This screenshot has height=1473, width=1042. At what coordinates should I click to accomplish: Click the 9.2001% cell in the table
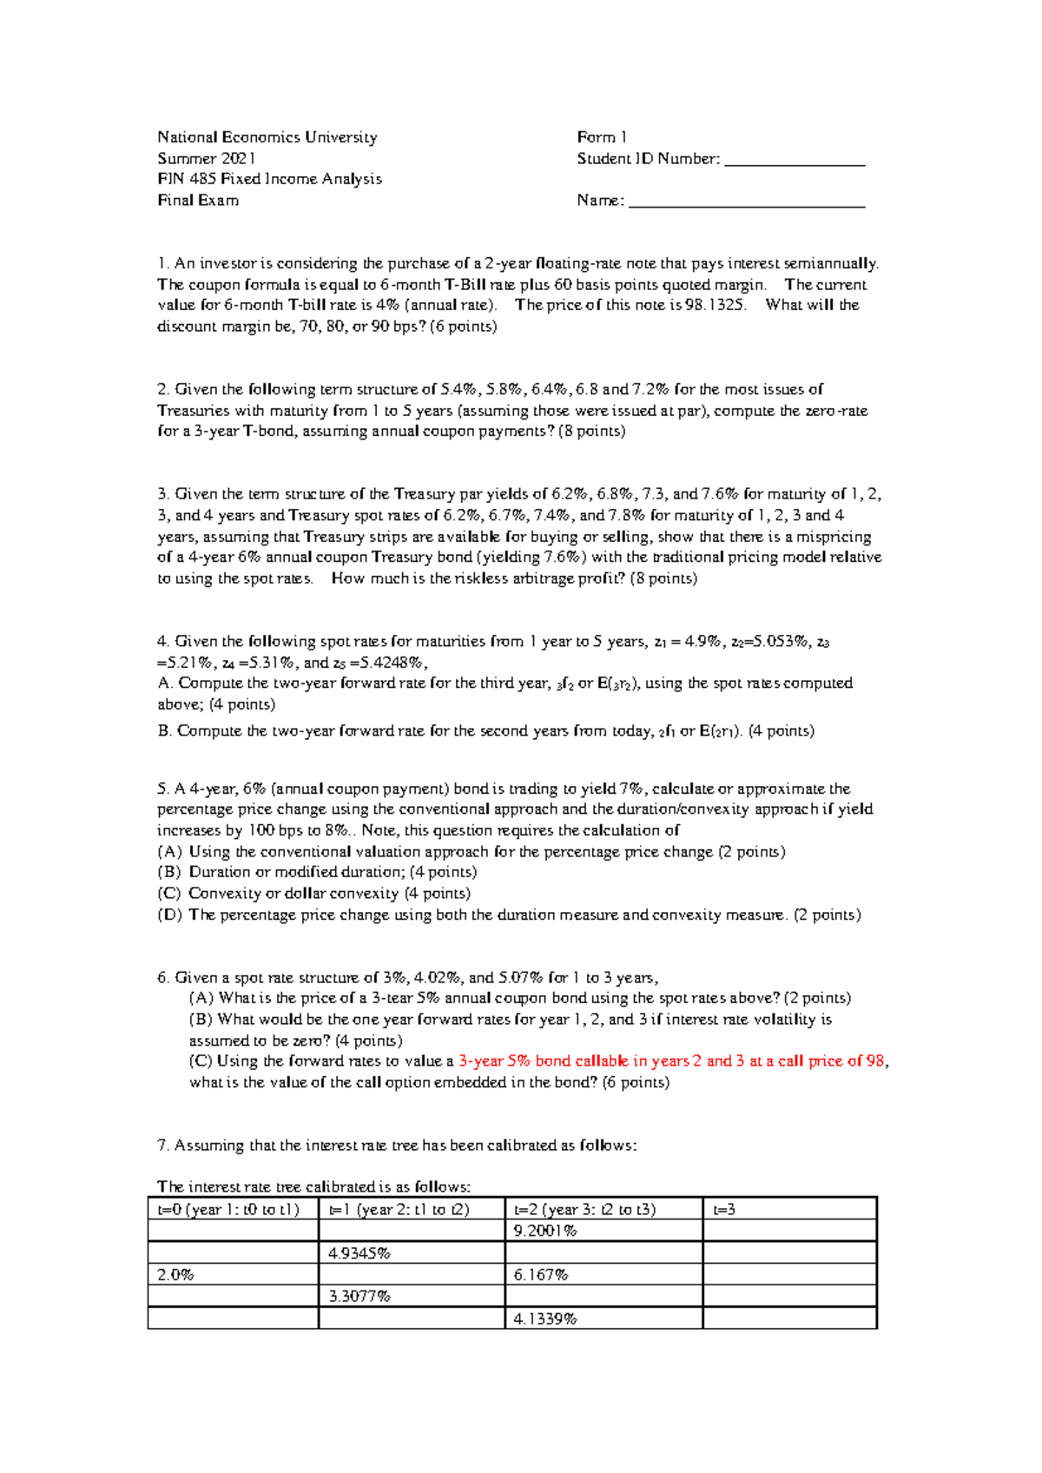545,1231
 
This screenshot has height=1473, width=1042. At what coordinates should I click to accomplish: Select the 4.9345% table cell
359,1253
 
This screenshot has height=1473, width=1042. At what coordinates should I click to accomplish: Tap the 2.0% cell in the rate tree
175,1275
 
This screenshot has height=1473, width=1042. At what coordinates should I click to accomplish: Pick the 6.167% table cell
541,1275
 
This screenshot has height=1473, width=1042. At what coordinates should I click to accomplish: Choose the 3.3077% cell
359,1297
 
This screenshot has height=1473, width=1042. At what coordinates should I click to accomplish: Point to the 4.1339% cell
545,1318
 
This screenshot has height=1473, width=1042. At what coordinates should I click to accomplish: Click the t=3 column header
724,1209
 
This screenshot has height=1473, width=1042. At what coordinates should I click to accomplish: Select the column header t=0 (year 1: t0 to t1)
228,1209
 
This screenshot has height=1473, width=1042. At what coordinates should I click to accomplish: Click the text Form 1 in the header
602,137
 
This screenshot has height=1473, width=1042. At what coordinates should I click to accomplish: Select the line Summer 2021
207,158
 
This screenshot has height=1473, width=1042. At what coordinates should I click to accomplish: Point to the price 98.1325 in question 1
715,305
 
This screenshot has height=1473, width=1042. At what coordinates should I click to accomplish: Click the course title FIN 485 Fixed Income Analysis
269,179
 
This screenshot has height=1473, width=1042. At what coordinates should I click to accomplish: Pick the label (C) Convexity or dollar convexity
313,893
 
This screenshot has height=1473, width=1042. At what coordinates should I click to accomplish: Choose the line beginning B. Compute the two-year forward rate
485,731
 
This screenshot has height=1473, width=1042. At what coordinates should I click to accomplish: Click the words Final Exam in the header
198,201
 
